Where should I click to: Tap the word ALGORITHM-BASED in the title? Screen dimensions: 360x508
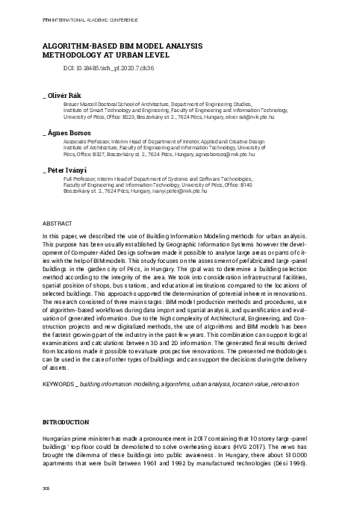coord(72,46)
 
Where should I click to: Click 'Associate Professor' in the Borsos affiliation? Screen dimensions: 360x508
coord(86,142)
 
